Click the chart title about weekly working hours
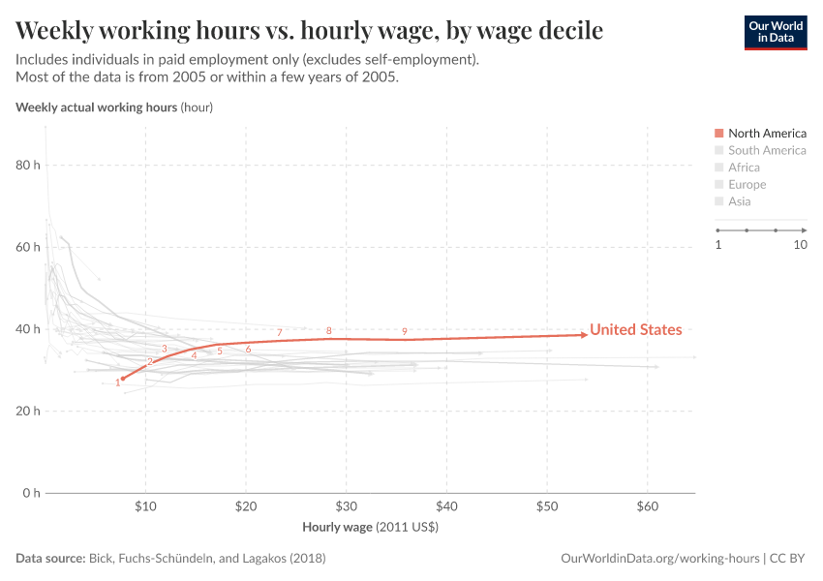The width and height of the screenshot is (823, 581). coord(310,31)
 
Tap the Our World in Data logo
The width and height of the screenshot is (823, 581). coord(775,32)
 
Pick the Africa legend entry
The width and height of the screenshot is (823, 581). coord(744,168)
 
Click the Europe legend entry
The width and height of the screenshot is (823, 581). coord(747,185)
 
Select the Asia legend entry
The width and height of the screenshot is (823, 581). coord(739,201)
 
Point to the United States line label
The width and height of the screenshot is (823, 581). coord(635,329)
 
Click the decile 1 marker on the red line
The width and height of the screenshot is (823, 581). coord(123,379)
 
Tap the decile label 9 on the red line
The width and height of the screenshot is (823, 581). coord(405,331)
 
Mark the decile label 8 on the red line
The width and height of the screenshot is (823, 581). coord(329,330)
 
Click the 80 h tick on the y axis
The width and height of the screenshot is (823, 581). coord(28,166)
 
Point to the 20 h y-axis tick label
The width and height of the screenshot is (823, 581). coord(28,412)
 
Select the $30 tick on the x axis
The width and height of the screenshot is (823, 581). coord(347,506)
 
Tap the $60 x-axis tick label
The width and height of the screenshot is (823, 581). coord(648,506)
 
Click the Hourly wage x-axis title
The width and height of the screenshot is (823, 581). coord(371,528)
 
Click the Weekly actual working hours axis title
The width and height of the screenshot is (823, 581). coord(114,107)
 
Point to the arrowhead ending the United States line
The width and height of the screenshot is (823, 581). coord(584,335)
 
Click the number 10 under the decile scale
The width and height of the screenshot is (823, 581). coord(800,245)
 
